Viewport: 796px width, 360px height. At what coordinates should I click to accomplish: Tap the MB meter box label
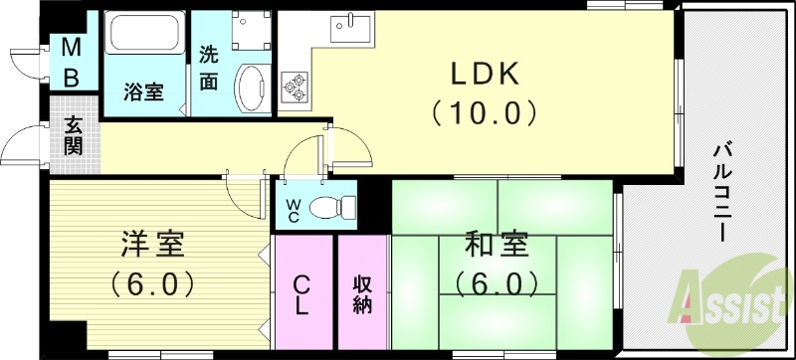click(72, 61)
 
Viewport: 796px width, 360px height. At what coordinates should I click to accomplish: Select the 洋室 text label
click(151, 244)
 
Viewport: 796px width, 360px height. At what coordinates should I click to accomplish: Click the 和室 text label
click(496, 244)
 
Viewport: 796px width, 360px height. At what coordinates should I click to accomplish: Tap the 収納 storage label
click(362, 293)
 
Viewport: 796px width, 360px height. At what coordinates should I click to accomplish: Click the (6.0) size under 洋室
click(151, 283)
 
